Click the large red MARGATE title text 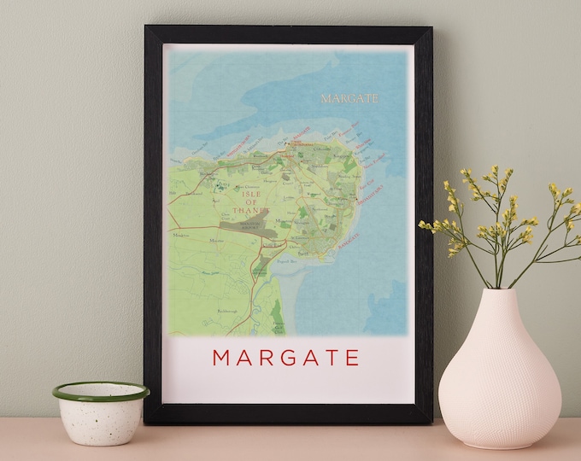(285, 357)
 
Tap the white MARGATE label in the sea (349, 99)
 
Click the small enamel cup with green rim (100, 411)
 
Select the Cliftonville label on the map (321, 148)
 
